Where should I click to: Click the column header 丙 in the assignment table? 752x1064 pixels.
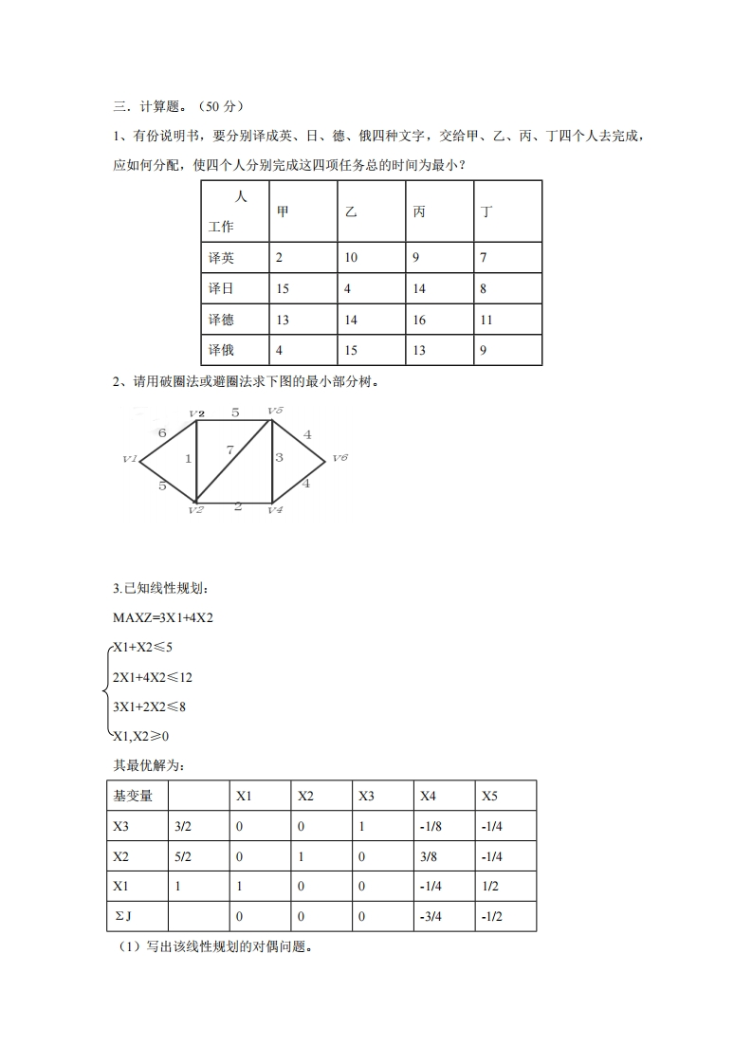click(419, 211)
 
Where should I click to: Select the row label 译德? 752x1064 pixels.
click(221, 320)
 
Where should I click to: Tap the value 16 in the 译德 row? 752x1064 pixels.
click(419, 320)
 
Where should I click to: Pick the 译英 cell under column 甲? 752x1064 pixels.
click(280, 258)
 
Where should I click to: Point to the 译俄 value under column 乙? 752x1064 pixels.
click(351, 350)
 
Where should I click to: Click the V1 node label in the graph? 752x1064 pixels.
click(131, 459)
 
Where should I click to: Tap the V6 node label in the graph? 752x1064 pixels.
click(339, 458)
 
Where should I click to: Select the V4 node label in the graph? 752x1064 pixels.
click(275, 510)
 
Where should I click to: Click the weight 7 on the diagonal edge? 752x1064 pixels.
click(230, 450)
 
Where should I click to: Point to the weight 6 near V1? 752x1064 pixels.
click(162, 432)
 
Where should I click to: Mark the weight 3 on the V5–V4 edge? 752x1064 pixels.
click(280, 458)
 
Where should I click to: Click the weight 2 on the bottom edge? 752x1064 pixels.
click(237, 506)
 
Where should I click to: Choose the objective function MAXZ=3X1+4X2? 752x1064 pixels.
click(163, 618)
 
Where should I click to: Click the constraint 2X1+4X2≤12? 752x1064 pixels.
click(152, 677)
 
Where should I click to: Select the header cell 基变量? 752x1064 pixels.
click(133, 796)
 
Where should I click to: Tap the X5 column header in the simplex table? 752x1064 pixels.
click(490, 796)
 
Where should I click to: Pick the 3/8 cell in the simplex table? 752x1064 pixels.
click(428, 856)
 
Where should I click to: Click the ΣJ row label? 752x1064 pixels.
click(122, 916)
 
